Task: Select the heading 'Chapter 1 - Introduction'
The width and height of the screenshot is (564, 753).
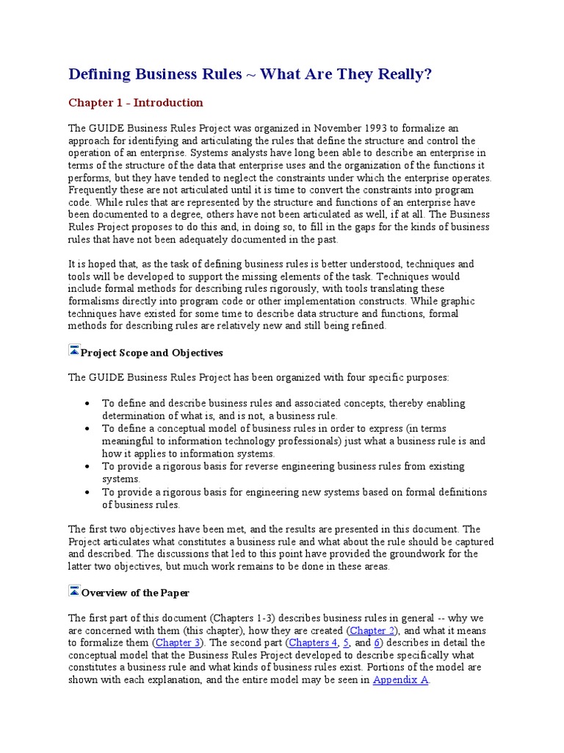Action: (x=136, y=103)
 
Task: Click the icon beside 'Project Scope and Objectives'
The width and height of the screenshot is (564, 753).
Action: (x=73, y=351)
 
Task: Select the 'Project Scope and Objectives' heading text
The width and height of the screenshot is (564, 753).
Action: (x=152, y=353)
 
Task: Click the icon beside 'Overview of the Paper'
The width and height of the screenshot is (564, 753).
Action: (x=73, y=590)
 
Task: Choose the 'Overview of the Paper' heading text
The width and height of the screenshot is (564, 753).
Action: (x=135, y=593)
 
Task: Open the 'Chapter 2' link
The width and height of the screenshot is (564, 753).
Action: (x=372, y=630)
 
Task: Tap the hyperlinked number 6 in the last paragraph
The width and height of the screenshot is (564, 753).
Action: (x=377, y=643)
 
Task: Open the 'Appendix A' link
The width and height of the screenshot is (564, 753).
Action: (x=400, y=680)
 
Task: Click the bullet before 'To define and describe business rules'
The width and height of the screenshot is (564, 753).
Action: (x=88, y=404)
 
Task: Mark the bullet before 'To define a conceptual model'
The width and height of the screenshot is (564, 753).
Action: (x=88, y=429)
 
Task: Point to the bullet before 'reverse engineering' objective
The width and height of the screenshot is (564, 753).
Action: (x=88, y=466)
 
